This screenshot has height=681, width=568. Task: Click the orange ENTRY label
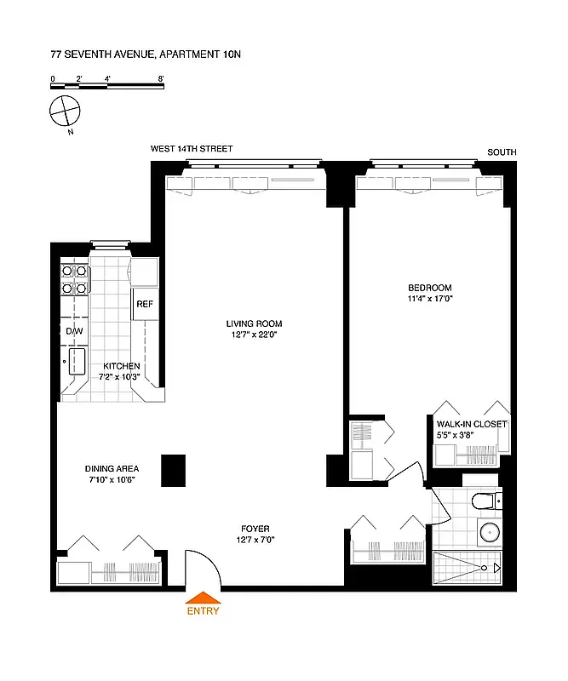coord(204,610)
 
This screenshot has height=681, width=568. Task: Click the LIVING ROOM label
coord(254,323)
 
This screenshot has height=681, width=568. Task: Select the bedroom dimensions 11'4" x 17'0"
coord(429,299)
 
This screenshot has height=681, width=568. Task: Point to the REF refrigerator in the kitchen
coord(143,304)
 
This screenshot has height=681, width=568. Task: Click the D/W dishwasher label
coord(73,330)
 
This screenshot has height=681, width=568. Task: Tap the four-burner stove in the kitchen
coord(75,279)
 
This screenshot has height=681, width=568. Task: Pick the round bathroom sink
coord(488,533)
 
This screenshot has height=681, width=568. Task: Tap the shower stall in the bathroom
coord(468,566)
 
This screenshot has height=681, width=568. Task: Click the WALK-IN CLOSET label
coord(471,423)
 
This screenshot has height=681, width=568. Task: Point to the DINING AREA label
coord(112,468)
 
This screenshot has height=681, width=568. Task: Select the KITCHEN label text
coord(122,366)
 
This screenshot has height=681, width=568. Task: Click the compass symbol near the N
coord(64,109)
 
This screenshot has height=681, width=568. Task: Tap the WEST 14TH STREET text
coord(192,149)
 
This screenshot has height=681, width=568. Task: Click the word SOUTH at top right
coord(502,152)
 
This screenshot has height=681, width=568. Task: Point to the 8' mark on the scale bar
coord(160,78)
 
